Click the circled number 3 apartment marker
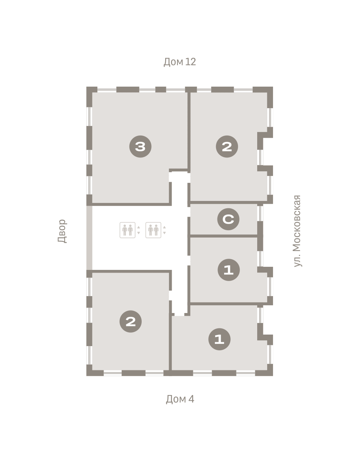pos(141,146)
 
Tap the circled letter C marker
pos(228,219)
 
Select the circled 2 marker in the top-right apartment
pos(227,146)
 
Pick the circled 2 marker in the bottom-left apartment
pos(131,321)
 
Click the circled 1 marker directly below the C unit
pos(229,270)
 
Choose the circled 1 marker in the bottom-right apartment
pos(219,339)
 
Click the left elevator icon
pos(127,230)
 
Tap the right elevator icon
pos(153,230)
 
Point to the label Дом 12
pos(179,62)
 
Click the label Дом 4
pos(180,399)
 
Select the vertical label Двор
pos(62,231)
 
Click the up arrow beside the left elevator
pos(139,227)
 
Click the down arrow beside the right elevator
pos(164,233)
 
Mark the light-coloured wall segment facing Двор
pos(89,238)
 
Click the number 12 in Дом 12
pos(191,62)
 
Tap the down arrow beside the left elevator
pos(139,233)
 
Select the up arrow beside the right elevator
pos(164,227)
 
